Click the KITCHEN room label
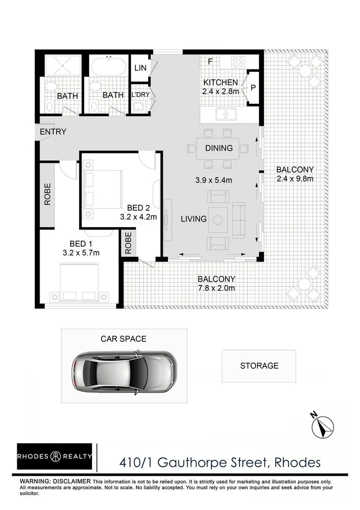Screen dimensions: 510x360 220,83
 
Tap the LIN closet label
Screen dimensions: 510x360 140,68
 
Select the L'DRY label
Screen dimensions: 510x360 140,94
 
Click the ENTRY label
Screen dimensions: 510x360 53,132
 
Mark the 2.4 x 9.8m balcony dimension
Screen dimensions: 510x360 295,178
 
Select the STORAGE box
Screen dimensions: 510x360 259,365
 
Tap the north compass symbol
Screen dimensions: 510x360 323,425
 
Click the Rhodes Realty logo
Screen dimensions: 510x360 54,457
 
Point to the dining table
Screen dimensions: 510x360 218,148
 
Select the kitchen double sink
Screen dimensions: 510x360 225,113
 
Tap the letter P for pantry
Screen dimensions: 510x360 253,87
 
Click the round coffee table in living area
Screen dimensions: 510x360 218,220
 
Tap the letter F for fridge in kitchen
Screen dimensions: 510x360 210,61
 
